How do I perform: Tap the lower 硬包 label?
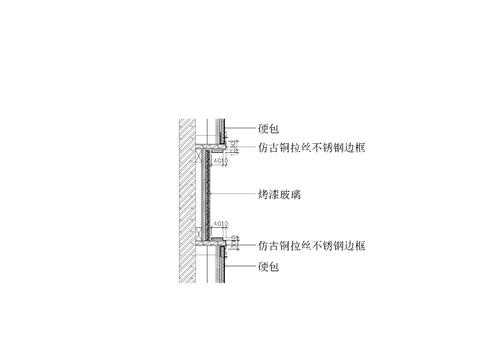pyautogui.click(x=267, y=267)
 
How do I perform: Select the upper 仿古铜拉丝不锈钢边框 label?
pyautogui.click(x=310, y=147)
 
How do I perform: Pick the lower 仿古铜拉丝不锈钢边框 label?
pyautogui.click(x=310, y=244)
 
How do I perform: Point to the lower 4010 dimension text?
pyautogui.click(x=222, y=224)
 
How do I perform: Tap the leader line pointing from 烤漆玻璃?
pyautogui.click(x=235, y=195)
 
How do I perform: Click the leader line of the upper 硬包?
pyautogui.click(x=240, y=131)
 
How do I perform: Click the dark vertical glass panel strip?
pyautogui.click(x=207, y=195)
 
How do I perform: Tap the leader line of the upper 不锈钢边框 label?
pyautogui.click(x=246, y=147)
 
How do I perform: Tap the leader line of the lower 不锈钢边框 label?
pyautogui.click(x=246, y=244)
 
